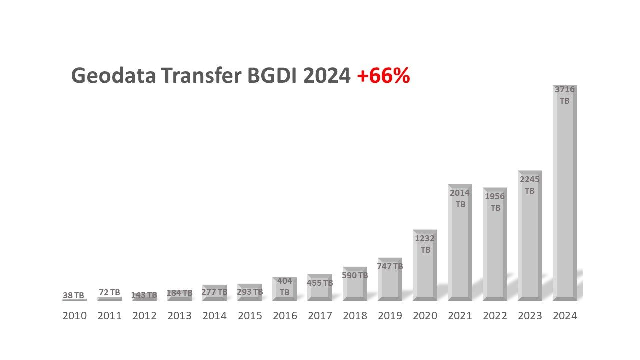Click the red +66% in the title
coord(383,76)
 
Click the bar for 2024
coord(565,200)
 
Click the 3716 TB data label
coord(565,95)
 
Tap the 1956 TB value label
coord(495,202)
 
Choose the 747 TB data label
coord(390,266)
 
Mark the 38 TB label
coord(74,295)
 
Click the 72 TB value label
coord(109,292)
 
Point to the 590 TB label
coord(355,275)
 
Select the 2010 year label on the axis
coord(75,316)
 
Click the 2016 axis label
coord(285,316)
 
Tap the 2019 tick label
coord(390,316)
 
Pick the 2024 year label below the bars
coord(565,316)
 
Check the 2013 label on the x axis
coord(180,316)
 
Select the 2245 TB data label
coord(530,185)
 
